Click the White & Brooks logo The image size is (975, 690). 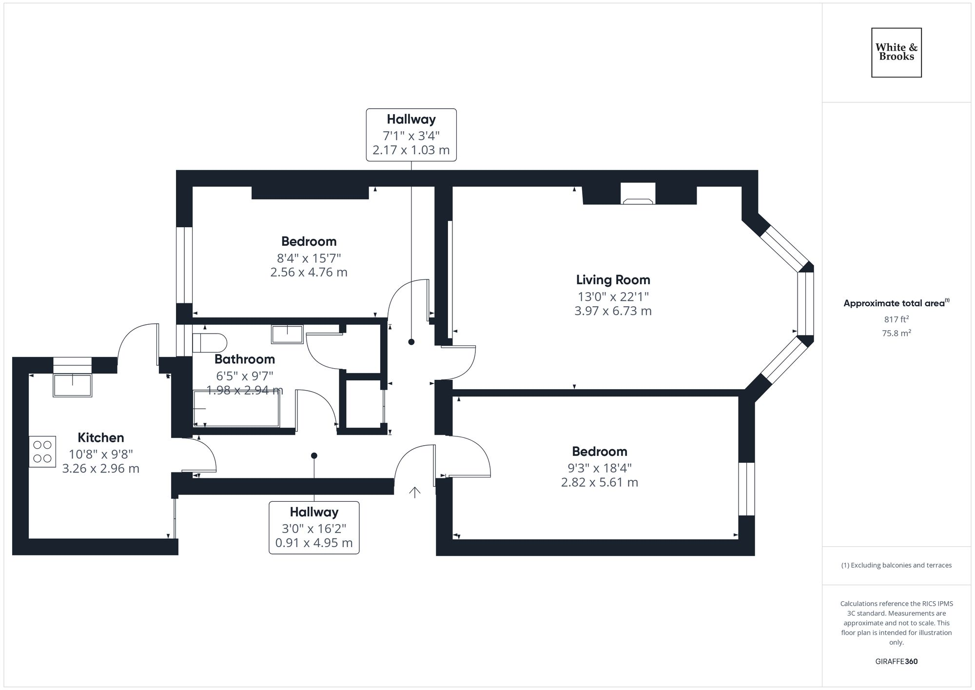coord(896,53)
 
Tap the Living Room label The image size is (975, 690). coord(613,280)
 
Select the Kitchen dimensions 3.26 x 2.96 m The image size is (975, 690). coord(101,469)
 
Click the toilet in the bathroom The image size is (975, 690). coord(210,342)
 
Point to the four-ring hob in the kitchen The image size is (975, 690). coord(42,452)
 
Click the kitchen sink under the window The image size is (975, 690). coord(73,385)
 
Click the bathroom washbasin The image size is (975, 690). coord(287,334)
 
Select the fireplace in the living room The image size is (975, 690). coord(638,194)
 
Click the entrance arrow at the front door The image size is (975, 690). coord(414,493)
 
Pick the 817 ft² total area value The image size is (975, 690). coord(896,319)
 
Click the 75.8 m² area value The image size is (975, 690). coord(896,334)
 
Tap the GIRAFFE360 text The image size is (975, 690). coord(896,662)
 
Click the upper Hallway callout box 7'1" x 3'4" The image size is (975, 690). coord(411,135)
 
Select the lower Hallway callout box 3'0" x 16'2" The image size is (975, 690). coord(314,528)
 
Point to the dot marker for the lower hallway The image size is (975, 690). coord(314,455)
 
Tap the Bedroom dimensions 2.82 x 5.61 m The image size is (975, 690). coord(599,482)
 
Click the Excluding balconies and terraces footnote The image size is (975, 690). coord(896,565)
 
